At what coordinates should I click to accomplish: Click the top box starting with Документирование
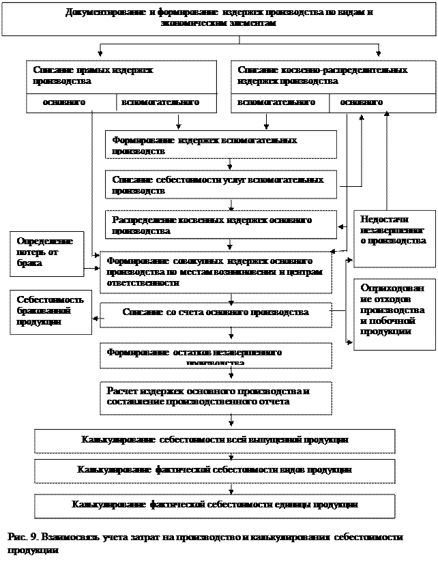coord(218,18)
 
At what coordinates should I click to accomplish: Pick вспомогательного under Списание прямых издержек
coord(160,102)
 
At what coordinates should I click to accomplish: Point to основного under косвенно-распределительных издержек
coord(361,102)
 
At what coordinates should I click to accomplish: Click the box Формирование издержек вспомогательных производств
coord(220,145)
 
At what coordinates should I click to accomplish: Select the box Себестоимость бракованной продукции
coord(50,311)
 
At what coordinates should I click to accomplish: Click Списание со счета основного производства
coord(216,312)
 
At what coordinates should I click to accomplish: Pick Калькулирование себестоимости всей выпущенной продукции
coord(215,440)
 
